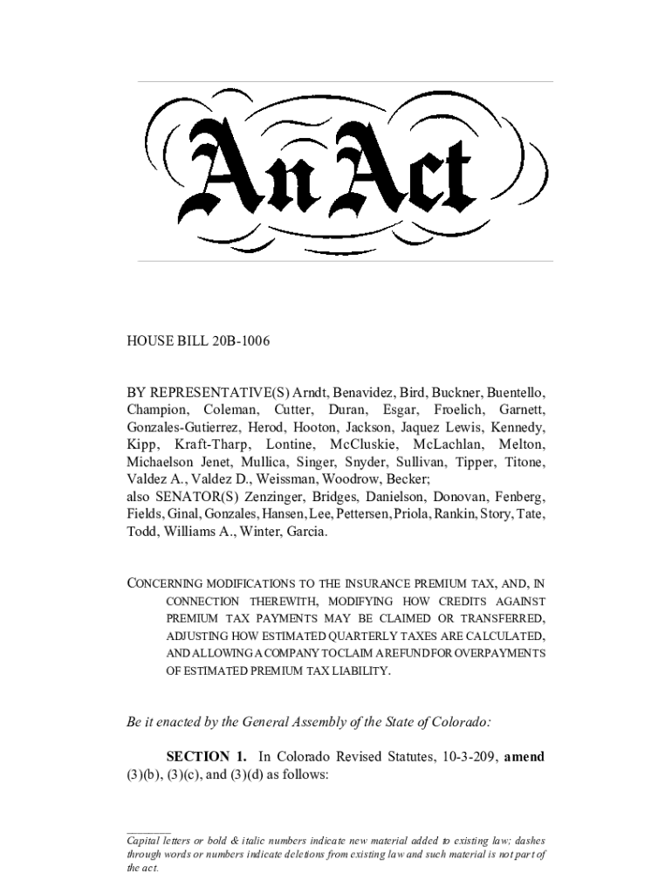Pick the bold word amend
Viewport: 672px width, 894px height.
coord(525,756)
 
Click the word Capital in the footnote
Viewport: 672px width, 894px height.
coord(145,840)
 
